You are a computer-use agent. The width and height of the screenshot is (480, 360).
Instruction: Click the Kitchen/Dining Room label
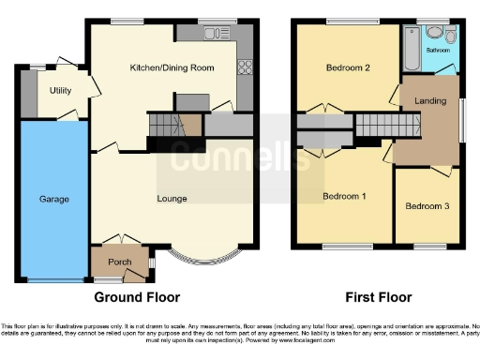pyautogui.click(x=172, y=68)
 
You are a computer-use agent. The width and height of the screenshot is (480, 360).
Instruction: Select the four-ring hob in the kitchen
pyautogui.click(x=247, y=66)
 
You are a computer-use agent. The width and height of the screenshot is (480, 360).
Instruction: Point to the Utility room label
pyautogui.click(x=61, y=90)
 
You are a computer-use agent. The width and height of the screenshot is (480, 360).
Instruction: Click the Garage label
pyautogui.click(x=53, y=200)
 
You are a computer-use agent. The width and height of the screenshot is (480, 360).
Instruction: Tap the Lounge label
pyautogui.click(x=172, y=199)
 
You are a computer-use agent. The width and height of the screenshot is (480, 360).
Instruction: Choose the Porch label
pyautogui.click(x=119, y=262)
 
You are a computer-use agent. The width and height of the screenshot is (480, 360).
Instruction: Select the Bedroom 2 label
pyautogui.click(x=342, y=67)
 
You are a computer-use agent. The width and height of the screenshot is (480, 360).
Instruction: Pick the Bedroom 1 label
pyautogui.click(x=344, y=196)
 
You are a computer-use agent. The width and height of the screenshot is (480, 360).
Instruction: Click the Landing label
pyautogui.click(x=430, y=101)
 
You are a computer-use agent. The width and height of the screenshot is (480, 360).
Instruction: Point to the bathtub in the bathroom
pyautogui.click(x=411, y=49)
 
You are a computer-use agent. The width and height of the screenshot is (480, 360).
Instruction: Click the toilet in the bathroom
pyautogui.click(x=451, y=37)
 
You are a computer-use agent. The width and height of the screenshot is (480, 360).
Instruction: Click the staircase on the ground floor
pyautogui.click(x=164, y=125)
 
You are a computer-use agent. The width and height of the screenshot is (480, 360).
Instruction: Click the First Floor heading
pyautogui.click(x=379, y=297)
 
